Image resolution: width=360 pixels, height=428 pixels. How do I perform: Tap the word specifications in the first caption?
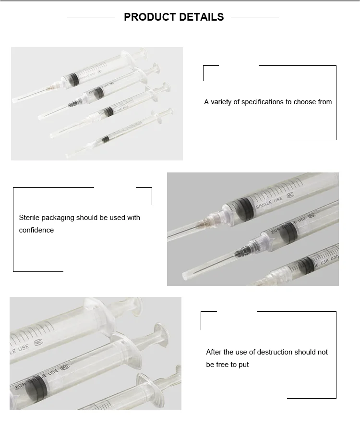[x=263, y=102]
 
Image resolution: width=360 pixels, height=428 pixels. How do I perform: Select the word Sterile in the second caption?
[x=29, y=218]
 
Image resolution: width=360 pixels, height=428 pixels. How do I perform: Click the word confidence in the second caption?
[x=36, y=230]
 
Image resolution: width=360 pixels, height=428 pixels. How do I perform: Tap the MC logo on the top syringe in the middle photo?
[x=290, y=196]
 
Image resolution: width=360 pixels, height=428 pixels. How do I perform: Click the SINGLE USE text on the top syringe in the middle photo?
[x=270, y=202]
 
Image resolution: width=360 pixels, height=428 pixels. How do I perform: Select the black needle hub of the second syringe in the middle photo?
[x=244, y=250]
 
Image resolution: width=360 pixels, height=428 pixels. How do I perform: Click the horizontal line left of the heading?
[x=91, y=17]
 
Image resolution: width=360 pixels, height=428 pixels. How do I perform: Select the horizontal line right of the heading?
[x=254, y=17]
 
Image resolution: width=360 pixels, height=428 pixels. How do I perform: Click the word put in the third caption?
[x=244, y=365]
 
